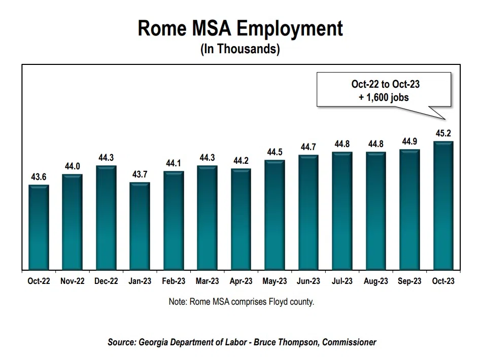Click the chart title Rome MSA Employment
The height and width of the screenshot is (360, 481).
[240, 28]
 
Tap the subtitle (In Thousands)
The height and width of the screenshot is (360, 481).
[240, 50]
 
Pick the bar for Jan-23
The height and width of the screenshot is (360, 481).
[140, 226]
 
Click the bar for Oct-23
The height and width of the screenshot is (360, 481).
[443, 205]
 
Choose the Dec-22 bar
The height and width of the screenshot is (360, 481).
[106, 218]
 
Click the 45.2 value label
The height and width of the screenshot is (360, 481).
[443, 134]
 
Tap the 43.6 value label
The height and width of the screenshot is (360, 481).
[39, 177]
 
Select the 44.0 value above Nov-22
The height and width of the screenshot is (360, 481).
[73, 167]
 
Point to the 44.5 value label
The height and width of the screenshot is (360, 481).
[274, 153]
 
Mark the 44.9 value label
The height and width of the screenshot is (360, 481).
[409, 142]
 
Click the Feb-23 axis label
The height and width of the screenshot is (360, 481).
[174, 281]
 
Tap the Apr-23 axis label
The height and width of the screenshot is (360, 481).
[241, 281]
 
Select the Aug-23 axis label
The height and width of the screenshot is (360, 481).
[375, 281]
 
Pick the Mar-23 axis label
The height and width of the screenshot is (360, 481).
[207, 281]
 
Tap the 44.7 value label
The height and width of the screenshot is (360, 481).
[308, 147]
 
